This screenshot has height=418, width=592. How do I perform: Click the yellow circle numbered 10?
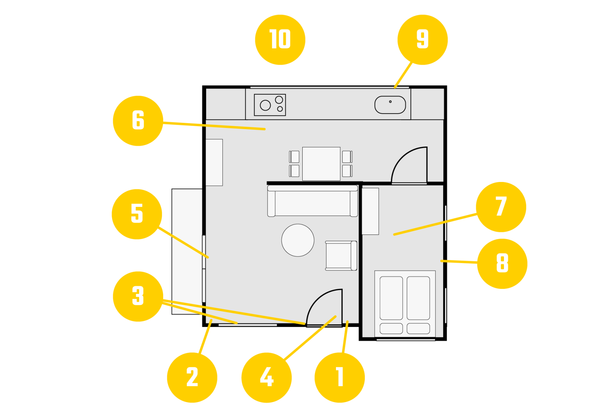[280, 40]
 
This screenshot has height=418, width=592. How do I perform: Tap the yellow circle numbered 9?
[423, 40]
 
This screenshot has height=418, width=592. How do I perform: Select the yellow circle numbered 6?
[138, 121]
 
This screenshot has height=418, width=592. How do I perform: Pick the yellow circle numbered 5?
[137, 214]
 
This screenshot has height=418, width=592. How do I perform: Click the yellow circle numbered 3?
[138, 296]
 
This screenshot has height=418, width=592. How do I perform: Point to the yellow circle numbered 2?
[192, 377]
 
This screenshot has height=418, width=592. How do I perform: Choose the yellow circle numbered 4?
[266, 377]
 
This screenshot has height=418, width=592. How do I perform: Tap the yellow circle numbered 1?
[340, 377]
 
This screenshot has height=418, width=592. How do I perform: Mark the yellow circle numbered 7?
[501, 207]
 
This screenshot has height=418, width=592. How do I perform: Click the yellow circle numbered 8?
[502, 263]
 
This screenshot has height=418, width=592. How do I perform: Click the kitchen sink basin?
[390, 105]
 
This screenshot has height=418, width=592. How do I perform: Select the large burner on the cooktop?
[265, 105]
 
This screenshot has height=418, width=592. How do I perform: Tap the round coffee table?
[298, 240]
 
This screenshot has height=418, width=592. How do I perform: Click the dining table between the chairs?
[321, 164]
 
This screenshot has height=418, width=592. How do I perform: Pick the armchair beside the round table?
[341, 256]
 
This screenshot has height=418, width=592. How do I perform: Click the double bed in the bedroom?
[405, 303]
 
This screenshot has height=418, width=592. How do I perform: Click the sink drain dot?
[390, 101]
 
